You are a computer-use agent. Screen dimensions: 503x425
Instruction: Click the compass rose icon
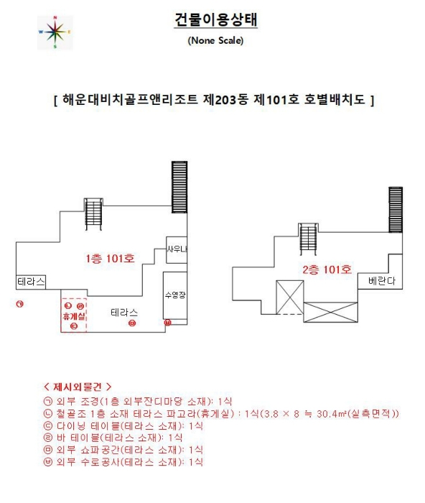(x=55, y=32)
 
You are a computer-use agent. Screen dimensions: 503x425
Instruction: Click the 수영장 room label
(x=175, y=295)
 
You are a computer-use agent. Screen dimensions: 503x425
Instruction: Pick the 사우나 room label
(x=177, y=249)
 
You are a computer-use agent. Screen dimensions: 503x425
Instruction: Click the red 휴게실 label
(x=74, y=316)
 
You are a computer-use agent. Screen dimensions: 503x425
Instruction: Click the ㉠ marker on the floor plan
(x=20, y=305)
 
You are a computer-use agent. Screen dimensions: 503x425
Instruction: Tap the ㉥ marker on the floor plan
(x=167, y=323)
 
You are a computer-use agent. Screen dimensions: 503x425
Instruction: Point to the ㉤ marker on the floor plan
(x=131, y=324)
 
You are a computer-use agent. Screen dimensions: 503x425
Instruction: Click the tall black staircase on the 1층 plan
(x=179, y=188)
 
